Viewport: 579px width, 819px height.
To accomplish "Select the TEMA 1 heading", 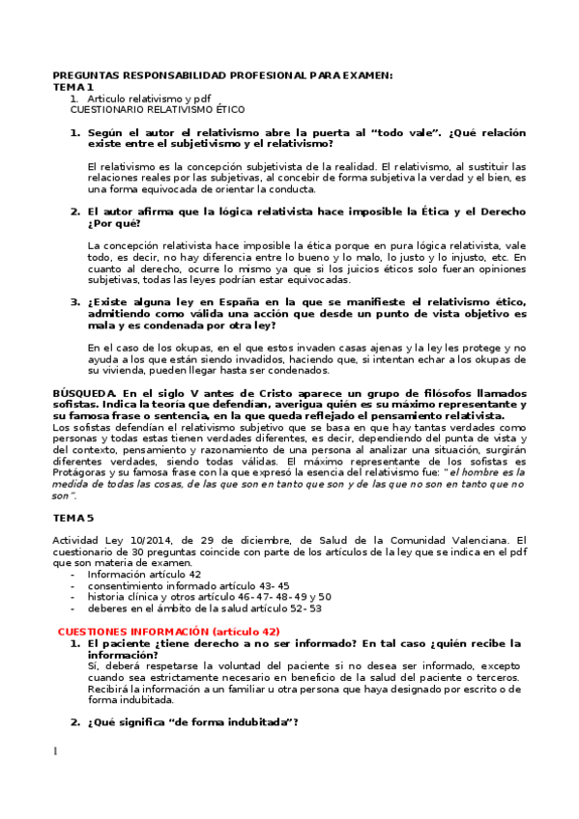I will point(73,87).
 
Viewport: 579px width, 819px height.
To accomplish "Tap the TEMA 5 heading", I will point(73,518).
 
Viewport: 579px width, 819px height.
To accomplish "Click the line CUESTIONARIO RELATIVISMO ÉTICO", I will point(158,109).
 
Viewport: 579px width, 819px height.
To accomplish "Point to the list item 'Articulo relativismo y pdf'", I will point(149,99).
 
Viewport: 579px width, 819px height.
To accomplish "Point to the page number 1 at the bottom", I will point(56,751).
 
